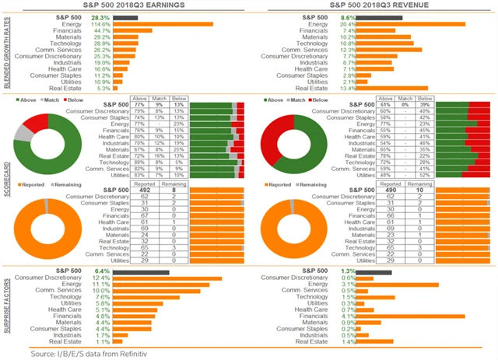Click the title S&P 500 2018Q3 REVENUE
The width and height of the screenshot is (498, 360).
pyautogui.click(x=375, y=5)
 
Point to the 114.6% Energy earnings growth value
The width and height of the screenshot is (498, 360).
pyautogui.click(x=100, y=23)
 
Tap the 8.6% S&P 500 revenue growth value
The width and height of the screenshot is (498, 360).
pyautogui.click(x=349, y=16)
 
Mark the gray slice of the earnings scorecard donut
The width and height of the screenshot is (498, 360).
pyautogui.click(x=23, y=135)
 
